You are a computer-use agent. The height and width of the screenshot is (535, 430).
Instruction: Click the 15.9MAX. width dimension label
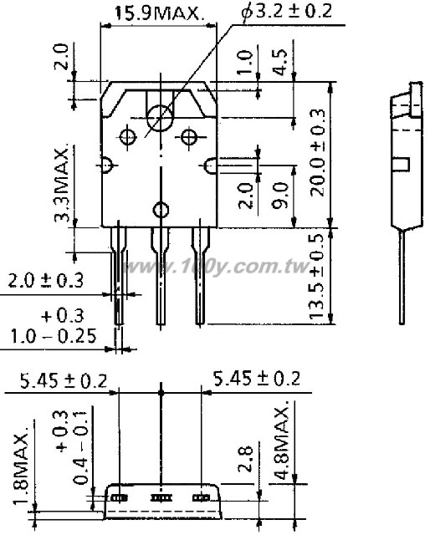coord(160,13)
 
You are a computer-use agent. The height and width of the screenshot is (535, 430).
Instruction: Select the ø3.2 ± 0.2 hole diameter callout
coord(286,12)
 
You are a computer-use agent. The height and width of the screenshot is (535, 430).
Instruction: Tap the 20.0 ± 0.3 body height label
coord(317,152)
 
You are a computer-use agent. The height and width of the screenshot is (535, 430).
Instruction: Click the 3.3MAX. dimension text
coord(63,185)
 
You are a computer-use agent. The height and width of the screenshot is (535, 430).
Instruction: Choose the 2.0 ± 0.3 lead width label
coord(45,281)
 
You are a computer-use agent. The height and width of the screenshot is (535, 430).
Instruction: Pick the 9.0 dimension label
coord(280,195)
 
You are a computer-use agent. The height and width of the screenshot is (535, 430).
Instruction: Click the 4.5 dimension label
coord(280,62)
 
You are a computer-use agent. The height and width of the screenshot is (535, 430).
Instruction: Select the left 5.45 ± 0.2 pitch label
coord(64,381)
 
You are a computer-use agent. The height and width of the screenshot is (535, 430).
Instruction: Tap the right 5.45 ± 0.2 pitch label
coord(257,379)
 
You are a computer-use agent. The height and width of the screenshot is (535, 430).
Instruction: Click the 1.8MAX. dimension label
coord(21,465)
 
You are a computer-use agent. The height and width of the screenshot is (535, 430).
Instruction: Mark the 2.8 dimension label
coord(246,459)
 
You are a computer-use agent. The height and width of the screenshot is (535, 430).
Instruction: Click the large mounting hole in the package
coord(160,118)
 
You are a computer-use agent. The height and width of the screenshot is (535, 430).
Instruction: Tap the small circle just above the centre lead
coord(161,210)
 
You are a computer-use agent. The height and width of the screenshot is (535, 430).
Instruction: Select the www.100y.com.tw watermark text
coord(217,267)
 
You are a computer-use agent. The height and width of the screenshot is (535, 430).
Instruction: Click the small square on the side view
coord(401,164)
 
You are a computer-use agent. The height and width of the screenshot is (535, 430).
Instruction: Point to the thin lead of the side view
coord(402,278)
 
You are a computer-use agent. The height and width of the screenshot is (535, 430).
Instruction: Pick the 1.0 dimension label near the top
coord(245,61)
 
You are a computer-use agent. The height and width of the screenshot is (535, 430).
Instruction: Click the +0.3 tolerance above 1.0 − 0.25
coord(62,316)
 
